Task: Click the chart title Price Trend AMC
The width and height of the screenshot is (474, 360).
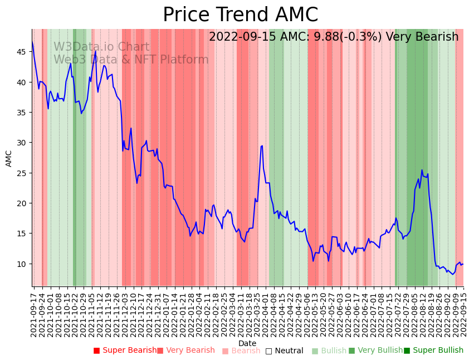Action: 240,15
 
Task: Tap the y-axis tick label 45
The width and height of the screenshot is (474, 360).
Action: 22,52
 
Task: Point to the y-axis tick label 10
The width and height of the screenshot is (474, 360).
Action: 22,264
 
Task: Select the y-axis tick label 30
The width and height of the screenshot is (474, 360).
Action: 22,143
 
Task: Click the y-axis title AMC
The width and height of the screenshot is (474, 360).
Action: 9,158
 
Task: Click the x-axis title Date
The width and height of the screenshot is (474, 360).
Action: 247,343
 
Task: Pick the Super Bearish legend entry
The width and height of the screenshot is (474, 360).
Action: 125,351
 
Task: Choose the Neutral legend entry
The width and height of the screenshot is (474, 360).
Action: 285,351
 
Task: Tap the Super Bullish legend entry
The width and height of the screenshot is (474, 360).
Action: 434,351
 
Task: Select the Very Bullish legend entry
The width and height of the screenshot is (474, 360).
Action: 376,351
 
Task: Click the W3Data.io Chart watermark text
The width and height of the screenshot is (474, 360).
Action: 101,47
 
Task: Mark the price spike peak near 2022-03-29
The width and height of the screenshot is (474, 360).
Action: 262,146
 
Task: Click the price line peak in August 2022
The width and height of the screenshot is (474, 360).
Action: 422,170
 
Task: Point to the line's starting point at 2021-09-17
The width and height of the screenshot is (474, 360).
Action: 32,42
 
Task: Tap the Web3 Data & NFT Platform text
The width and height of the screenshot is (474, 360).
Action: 131,60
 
